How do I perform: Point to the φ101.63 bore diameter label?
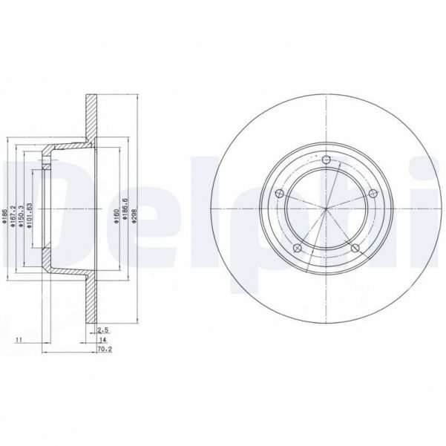pyautogui.click(x=29, y=215)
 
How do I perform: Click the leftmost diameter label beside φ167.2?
pyautogui.click(x=6, y=215)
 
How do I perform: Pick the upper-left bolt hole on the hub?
pyautogui.click(x=280, y=194)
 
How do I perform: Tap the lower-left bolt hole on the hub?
pyautogui.click(x=298, y=247)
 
